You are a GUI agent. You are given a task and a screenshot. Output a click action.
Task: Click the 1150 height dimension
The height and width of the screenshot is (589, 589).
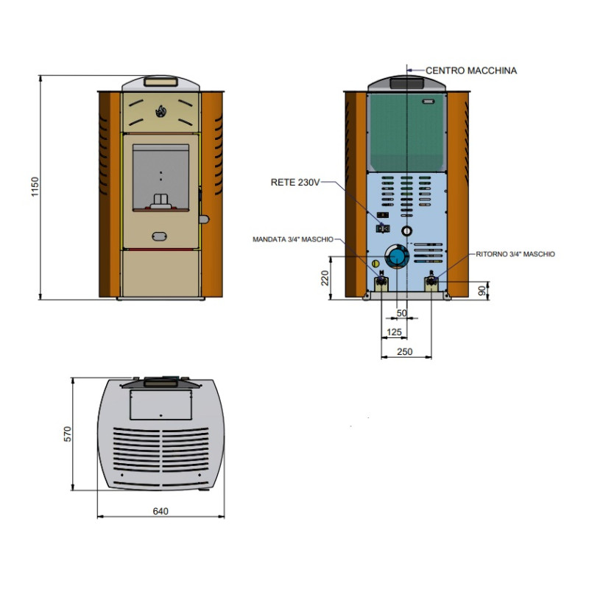click(x=35, y=187)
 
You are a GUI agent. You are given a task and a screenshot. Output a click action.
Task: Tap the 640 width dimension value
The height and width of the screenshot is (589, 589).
click(x=161, y=511)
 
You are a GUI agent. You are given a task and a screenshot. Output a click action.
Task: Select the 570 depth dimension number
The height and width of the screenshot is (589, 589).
click(x=67, y=434)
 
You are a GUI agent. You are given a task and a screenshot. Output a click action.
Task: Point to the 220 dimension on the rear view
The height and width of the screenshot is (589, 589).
click(x=325, y=278)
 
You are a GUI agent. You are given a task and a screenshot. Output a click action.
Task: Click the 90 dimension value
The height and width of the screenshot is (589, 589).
click(x=482, y=290)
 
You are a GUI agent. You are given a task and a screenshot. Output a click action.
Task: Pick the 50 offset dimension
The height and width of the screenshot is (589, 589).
click(x=401, y=313)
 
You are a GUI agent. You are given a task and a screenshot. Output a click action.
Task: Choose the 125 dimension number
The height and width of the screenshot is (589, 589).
click(x=394, y=332)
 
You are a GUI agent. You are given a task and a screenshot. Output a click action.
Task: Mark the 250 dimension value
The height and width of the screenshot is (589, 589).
click(x=404, y=352)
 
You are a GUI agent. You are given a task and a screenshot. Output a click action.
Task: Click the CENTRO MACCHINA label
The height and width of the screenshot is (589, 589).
click(x=471, y=70)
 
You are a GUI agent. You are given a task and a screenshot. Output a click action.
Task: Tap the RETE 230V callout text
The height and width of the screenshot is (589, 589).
click(x=295, y=182)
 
